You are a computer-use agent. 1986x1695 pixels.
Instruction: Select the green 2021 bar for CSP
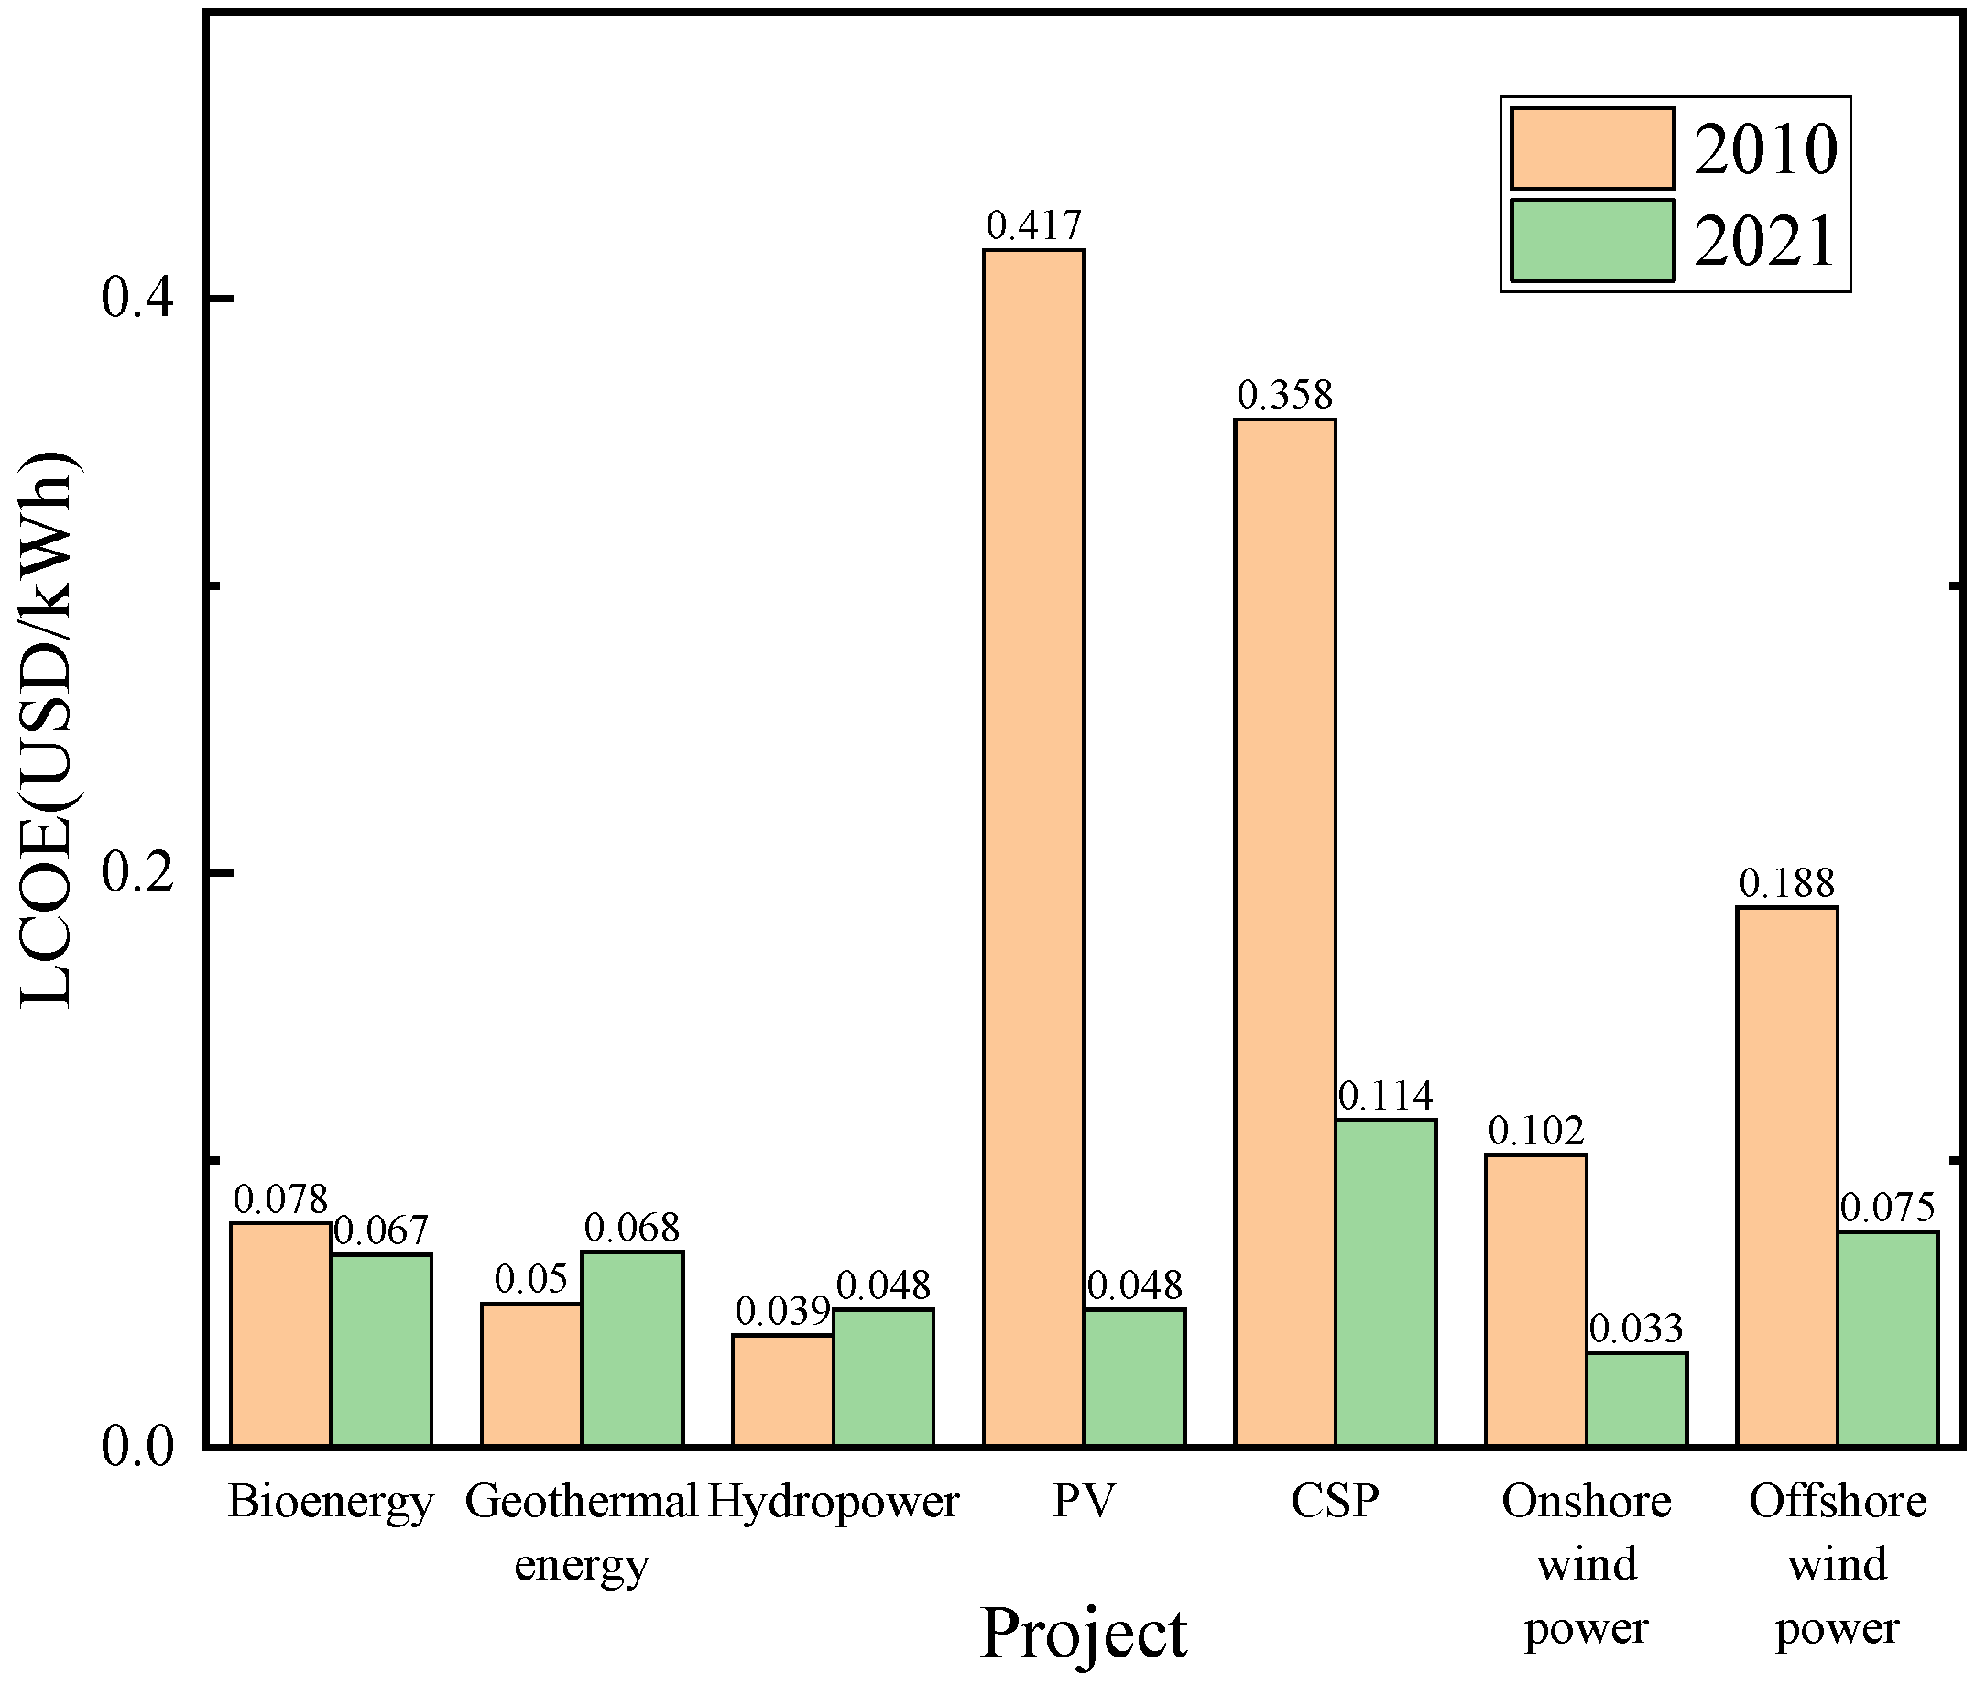[1386, 1282]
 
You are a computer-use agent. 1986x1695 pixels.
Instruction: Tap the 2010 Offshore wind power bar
[1787, 1176]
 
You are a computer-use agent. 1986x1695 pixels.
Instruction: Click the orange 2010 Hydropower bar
[783, 1389]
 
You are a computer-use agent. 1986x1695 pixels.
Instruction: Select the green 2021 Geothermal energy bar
[633, 1347]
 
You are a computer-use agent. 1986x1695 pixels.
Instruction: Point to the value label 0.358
[1285, 395]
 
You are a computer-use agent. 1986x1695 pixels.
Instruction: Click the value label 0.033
[1636, 1329]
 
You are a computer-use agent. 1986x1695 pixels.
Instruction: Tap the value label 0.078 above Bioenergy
[281, 1199]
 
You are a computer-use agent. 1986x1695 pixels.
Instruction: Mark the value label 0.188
[1787, 883]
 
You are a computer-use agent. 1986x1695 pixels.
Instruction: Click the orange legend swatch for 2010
[1592, 148]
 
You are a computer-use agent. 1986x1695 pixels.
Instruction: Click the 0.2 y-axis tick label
[138, 873]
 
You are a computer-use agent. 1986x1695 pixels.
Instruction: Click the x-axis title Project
[1084, 1632]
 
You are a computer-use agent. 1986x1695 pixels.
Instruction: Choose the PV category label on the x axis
[1084, 1502]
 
